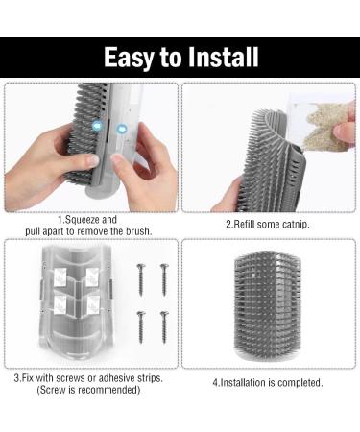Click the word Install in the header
223,57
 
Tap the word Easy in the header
129,58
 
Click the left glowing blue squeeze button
97,126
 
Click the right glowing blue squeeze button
122,130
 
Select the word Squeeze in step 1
83,220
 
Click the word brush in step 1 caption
138,231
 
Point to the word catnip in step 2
296,224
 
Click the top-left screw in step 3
141,279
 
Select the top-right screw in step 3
164,279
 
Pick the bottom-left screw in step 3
141,327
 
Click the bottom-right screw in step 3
164,327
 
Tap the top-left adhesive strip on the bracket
60,277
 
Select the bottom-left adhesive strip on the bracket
60,304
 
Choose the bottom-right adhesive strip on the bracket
93,304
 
